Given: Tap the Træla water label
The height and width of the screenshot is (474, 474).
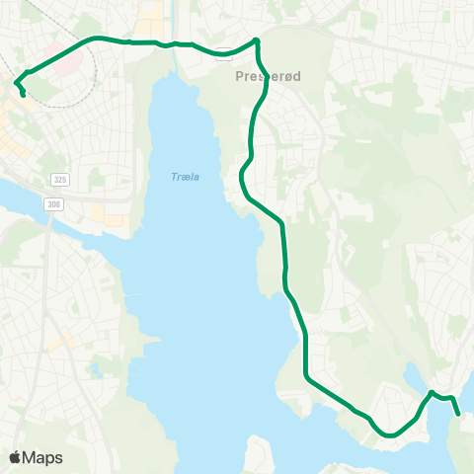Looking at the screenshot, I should coord(185,177).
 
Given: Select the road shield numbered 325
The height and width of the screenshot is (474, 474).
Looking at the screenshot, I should coord(61,180).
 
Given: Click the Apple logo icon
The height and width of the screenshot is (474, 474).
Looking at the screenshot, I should coord(16,457).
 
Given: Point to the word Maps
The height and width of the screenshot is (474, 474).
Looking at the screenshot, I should coord(42,457).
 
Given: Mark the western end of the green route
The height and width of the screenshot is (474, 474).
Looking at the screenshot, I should coord(23,96).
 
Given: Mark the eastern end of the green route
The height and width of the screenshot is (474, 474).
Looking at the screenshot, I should coord(459,416).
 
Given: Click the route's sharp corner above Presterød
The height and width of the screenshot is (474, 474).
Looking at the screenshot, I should coord(256,40).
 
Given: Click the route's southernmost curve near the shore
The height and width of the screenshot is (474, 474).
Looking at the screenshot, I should coord(391,434).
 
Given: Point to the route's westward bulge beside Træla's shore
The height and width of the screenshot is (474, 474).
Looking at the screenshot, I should coord(242,178).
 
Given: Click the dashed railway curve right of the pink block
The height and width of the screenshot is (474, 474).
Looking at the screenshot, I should coord(95,69).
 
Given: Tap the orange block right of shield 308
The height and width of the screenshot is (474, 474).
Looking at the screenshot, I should coord(103,211).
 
